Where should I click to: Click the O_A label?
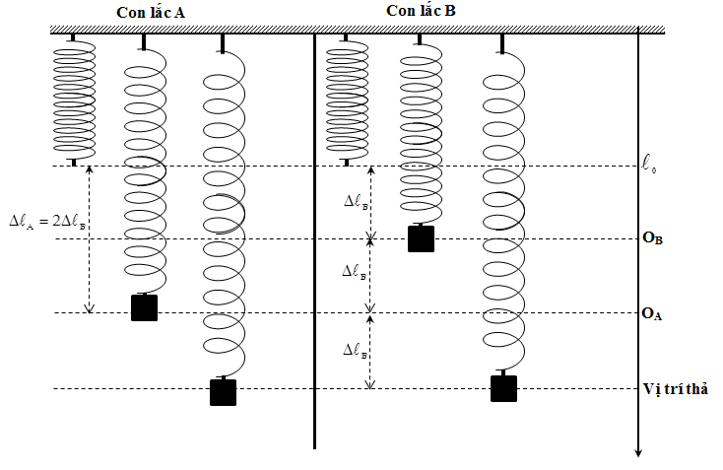coord(652,313)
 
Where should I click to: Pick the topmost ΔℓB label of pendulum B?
coord(358,201)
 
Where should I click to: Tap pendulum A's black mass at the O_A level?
coord(145,307)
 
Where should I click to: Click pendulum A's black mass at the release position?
coord(224,392)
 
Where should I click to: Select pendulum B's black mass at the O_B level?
coord(422,239)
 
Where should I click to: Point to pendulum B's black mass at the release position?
coord(504,388)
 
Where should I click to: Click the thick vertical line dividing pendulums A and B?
coord(314,246)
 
